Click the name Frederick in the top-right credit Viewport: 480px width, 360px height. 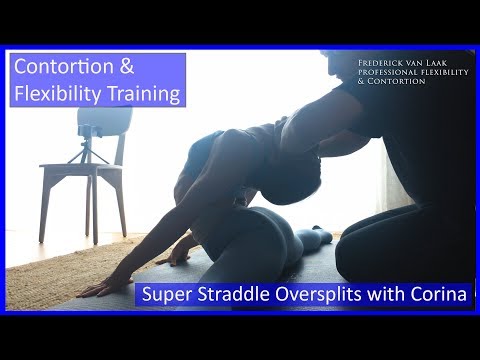point(383,63)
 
